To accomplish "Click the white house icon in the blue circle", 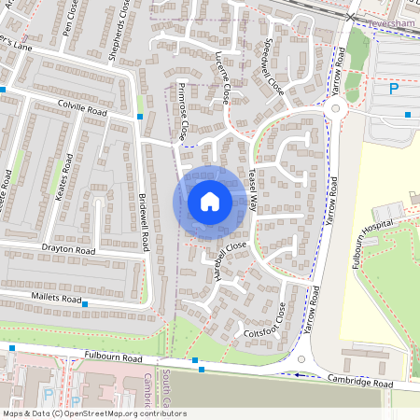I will point(209,202).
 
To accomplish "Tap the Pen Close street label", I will point(67,22).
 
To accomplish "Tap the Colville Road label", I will point(82,108).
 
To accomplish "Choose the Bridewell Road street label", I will point(144,223).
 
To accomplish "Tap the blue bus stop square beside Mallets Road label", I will point(85,304).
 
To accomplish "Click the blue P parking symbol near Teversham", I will point(393,89).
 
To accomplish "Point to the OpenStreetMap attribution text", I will point(94,413).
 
